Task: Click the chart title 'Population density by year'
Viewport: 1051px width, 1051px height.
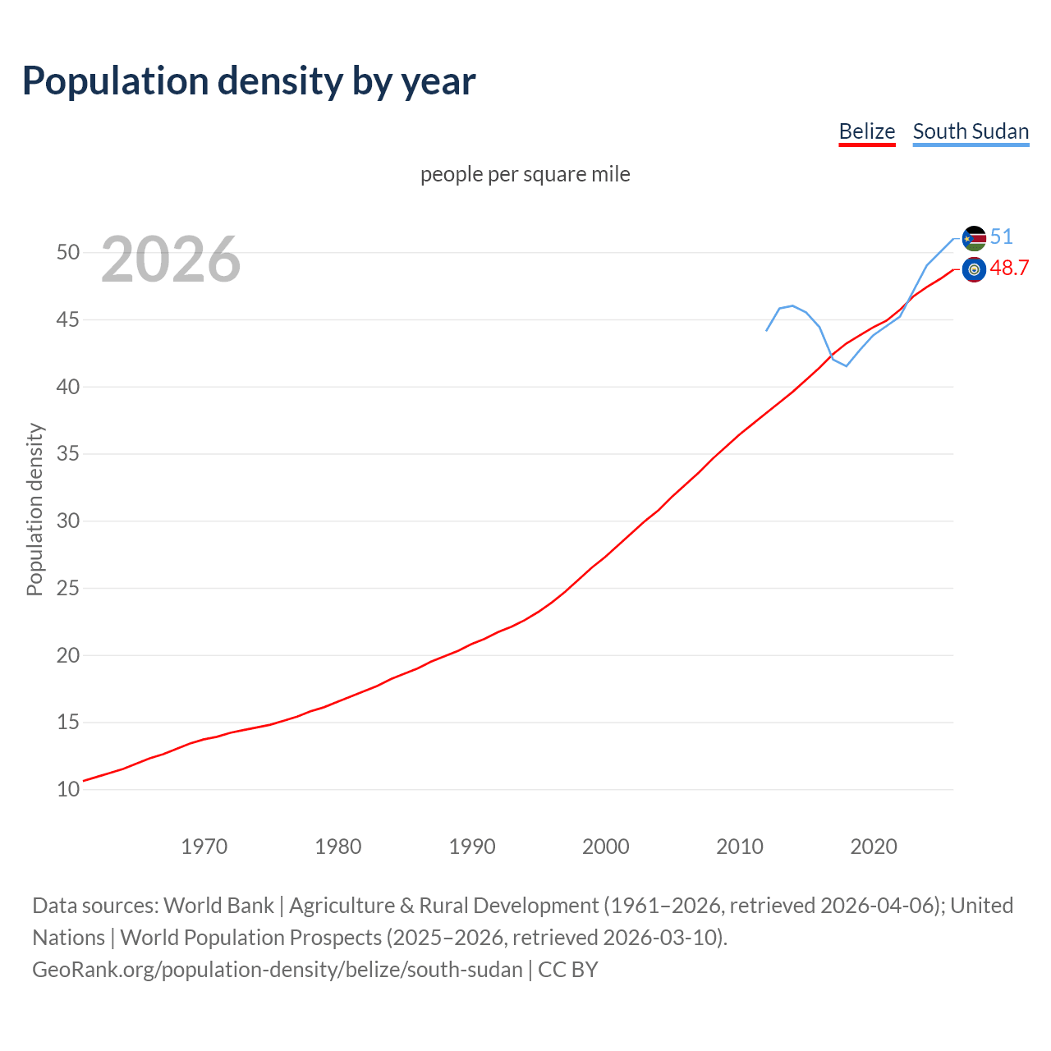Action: point(249,81)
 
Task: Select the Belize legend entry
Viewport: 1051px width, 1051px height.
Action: point(866,131)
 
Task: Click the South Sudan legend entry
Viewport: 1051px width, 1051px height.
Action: point(971,131)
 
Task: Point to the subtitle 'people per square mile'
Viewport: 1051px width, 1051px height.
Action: point(525,174)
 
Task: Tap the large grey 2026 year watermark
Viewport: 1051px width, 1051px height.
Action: point(171,259)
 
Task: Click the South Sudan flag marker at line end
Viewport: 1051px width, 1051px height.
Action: point(974,238)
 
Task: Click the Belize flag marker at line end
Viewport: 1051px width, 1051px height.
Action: point(974,269)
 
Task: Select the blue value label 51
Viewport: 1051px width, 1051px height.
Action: point(1001,237)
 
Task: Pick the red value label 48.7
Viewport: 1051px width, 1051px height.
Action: point(1009,268)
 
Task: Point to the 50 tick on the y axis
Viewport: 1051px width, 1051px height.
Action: point(68,252)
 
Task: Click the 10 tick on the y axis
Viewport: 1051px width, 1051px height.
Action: point(68,790)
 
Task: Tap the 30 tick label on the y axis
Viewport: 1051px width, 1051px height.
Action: point(68,521)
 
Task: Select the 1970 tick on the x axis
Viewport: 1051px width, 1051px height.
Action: point(204,847)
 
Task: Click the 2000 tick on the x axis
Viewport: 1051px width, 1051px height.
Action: point(605,847)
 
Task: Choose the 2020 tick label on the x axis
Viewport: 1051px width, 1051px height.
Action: point(873,847)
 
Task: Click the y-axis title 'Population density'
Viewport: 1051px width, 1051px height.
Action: point(34,509)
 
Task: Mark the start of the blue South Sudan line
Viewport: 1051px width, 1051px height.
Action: point(767,330)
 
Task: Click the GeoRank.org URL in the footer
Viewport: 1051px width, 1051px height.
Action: point(277,970)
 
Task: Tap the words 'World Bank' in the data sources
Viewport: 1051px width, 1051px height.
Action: point(218,906)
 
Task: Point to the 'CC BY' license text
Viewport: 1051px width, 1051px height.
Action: point(568,970)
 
